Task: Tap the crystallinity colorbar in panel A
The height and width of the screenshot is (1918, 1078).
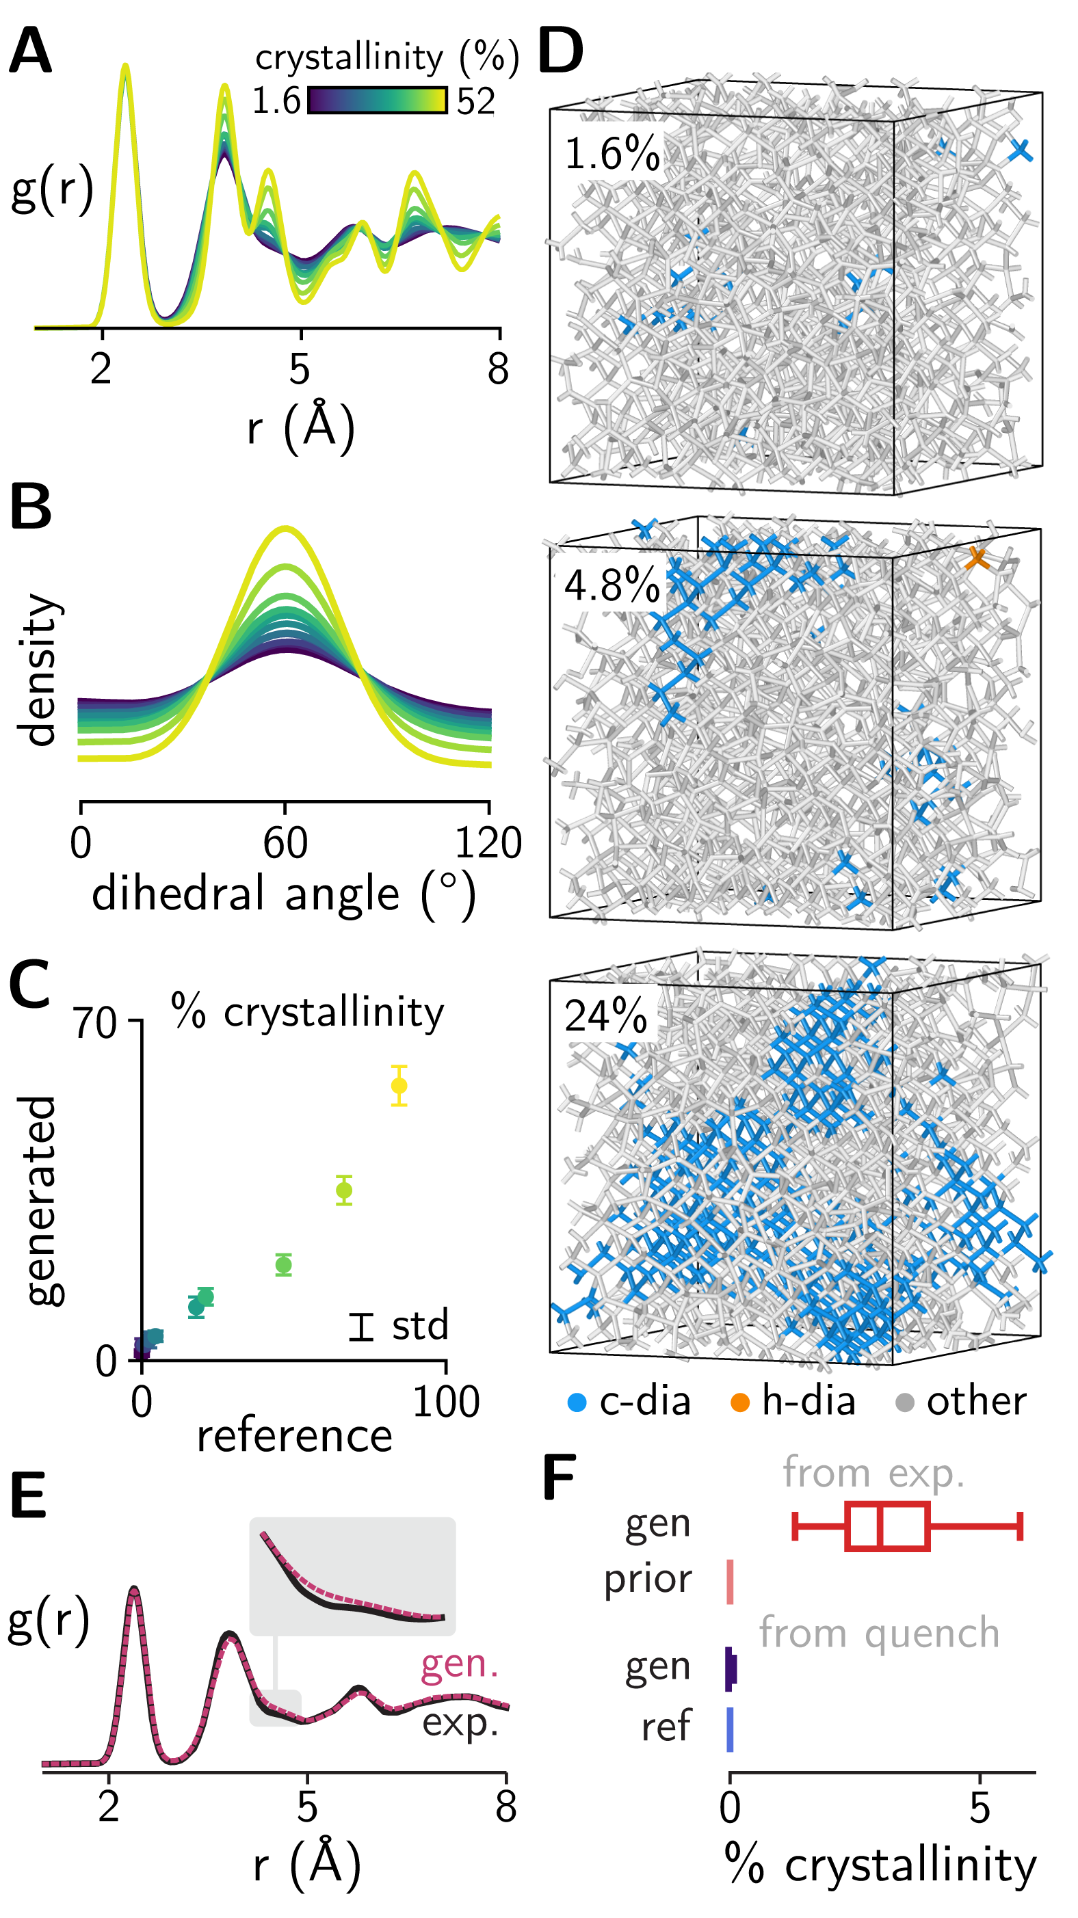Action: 378,101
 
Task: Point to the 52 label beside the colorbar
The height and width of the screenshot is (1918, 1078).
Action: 475,101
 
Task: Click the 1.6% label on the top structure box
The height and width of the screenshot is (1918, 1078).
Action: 612,154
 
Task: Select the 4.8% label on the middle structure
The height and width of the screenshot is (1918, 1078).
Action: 612,585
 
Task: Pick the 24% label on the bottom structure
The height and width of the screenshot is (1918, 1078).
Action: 605,1015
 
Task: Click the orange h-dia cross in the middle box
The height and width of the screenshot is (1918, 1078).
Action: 977,559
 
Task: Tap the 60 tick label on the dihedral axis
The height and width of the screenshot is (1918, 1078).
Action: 285,844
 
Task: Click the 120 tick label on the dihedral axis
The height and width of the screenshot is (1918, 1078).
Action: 488,844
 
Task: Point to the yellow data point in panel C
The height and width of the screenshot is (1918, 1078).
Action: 399,1086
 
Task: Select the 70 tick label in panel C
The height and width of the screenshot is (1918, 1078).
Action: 94,1023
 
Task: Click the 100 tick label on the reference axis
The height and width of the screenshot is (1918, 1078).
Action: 445,1402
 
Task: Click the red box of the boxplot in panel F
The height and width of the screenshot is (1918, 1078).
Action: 887,1526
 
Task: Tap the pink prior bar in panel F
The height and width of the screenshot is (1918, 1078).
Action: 730,1582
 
